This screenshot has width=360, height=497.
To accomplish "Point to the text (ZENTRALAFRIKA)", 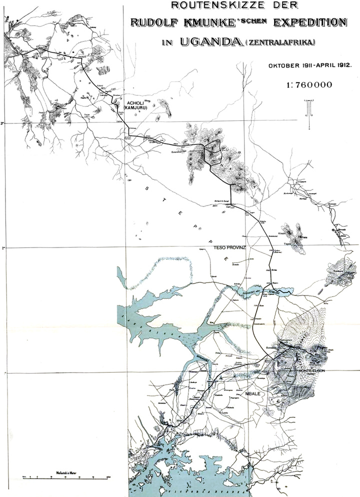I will [279, 43].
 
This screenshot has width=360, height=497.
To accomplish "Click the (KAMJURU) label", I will [135, 106].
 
